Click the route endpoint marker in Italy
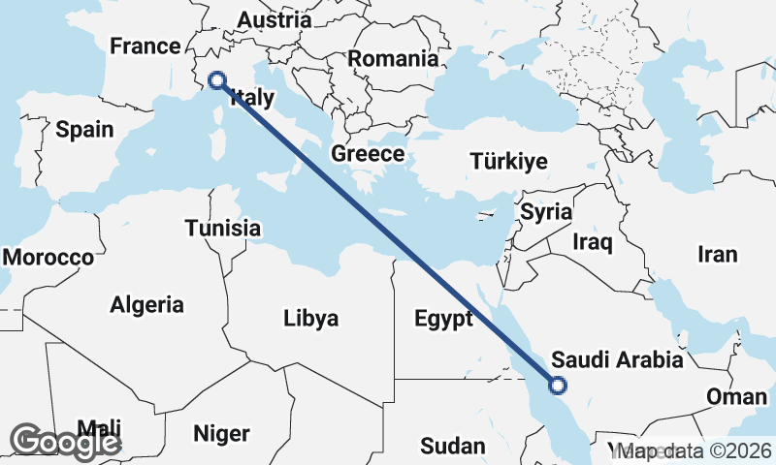pos(217,81)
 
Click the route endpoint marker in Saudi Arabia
pos(557,386)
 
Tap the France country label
pos(145,46)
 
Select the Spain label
pos(84,130)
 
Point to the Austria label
pos(275,19)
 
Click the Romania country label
pos(393,58)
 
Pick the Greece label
pos(368,154)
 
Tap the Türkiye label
pos(508,161)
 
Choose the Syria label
pos(546,211)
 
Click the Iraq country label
pos(592,241)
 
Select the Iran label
pos(718,255)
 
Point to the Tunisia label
pos(223,229)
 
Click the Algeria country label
pos(146,305)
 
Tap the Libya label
pos(310,318)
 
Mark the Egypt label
pos(442,319)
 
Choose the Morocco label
pos(48,258)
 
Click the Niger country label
pos(222,433)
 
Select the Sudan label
pos(452,446)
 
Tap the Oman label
pos(736,397)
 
